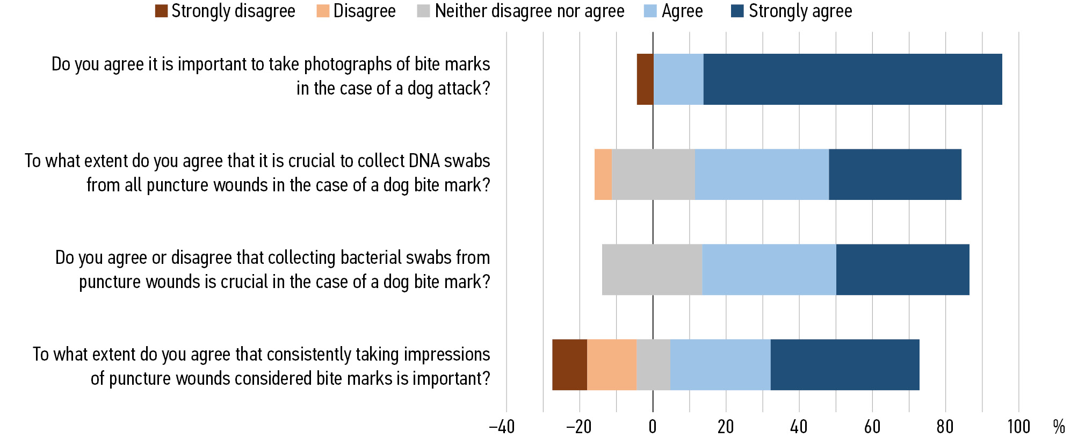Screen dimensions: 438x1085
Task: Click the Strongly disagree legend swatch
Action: point(161,11)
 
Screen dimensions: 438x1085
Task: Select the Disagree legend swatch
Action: point(323,11)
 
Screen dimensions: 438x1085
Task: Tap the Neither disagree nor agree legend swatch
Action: point(423,11)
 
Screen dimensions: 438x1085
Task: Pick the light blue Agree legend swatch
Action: point(650,11)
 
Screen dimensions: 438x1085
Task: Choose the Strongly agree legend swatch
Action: point(737,11)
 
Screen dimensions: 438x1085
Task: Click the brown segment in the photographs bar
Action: point(645,79)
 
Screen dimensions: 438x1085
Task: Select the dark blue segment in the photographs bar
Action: point(852,79)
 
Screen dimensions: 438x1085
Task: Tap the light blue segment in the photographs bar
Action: point(678,79)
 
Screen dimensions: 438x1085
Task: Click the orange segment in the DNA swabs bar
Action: point(603,174)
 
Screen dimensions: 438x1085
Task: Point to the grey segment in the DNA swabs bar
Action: point(653,174)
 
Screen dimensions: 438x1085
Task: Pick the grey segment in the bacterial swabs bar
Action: point(652,269)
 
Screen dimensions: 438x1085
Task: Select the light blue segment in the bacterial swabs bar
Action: point(769,269)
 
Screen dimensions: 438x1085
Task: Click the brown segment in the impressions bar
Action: point(569,364)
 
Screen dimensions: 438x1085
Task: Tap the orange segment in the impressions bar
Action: point(612,364)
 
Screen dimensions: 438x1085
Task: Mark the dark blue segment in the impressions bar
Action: point(845,364)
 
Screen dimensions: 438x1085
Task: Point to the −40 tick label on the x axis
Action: point(502,427)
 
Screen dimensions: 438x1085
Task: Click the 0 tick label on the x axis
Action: point(653,427)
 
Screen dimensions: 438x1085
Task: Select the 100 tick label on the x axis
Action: point(1018,427)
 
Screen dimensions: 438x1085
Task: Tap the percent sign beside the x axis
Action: point(1059,427)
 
